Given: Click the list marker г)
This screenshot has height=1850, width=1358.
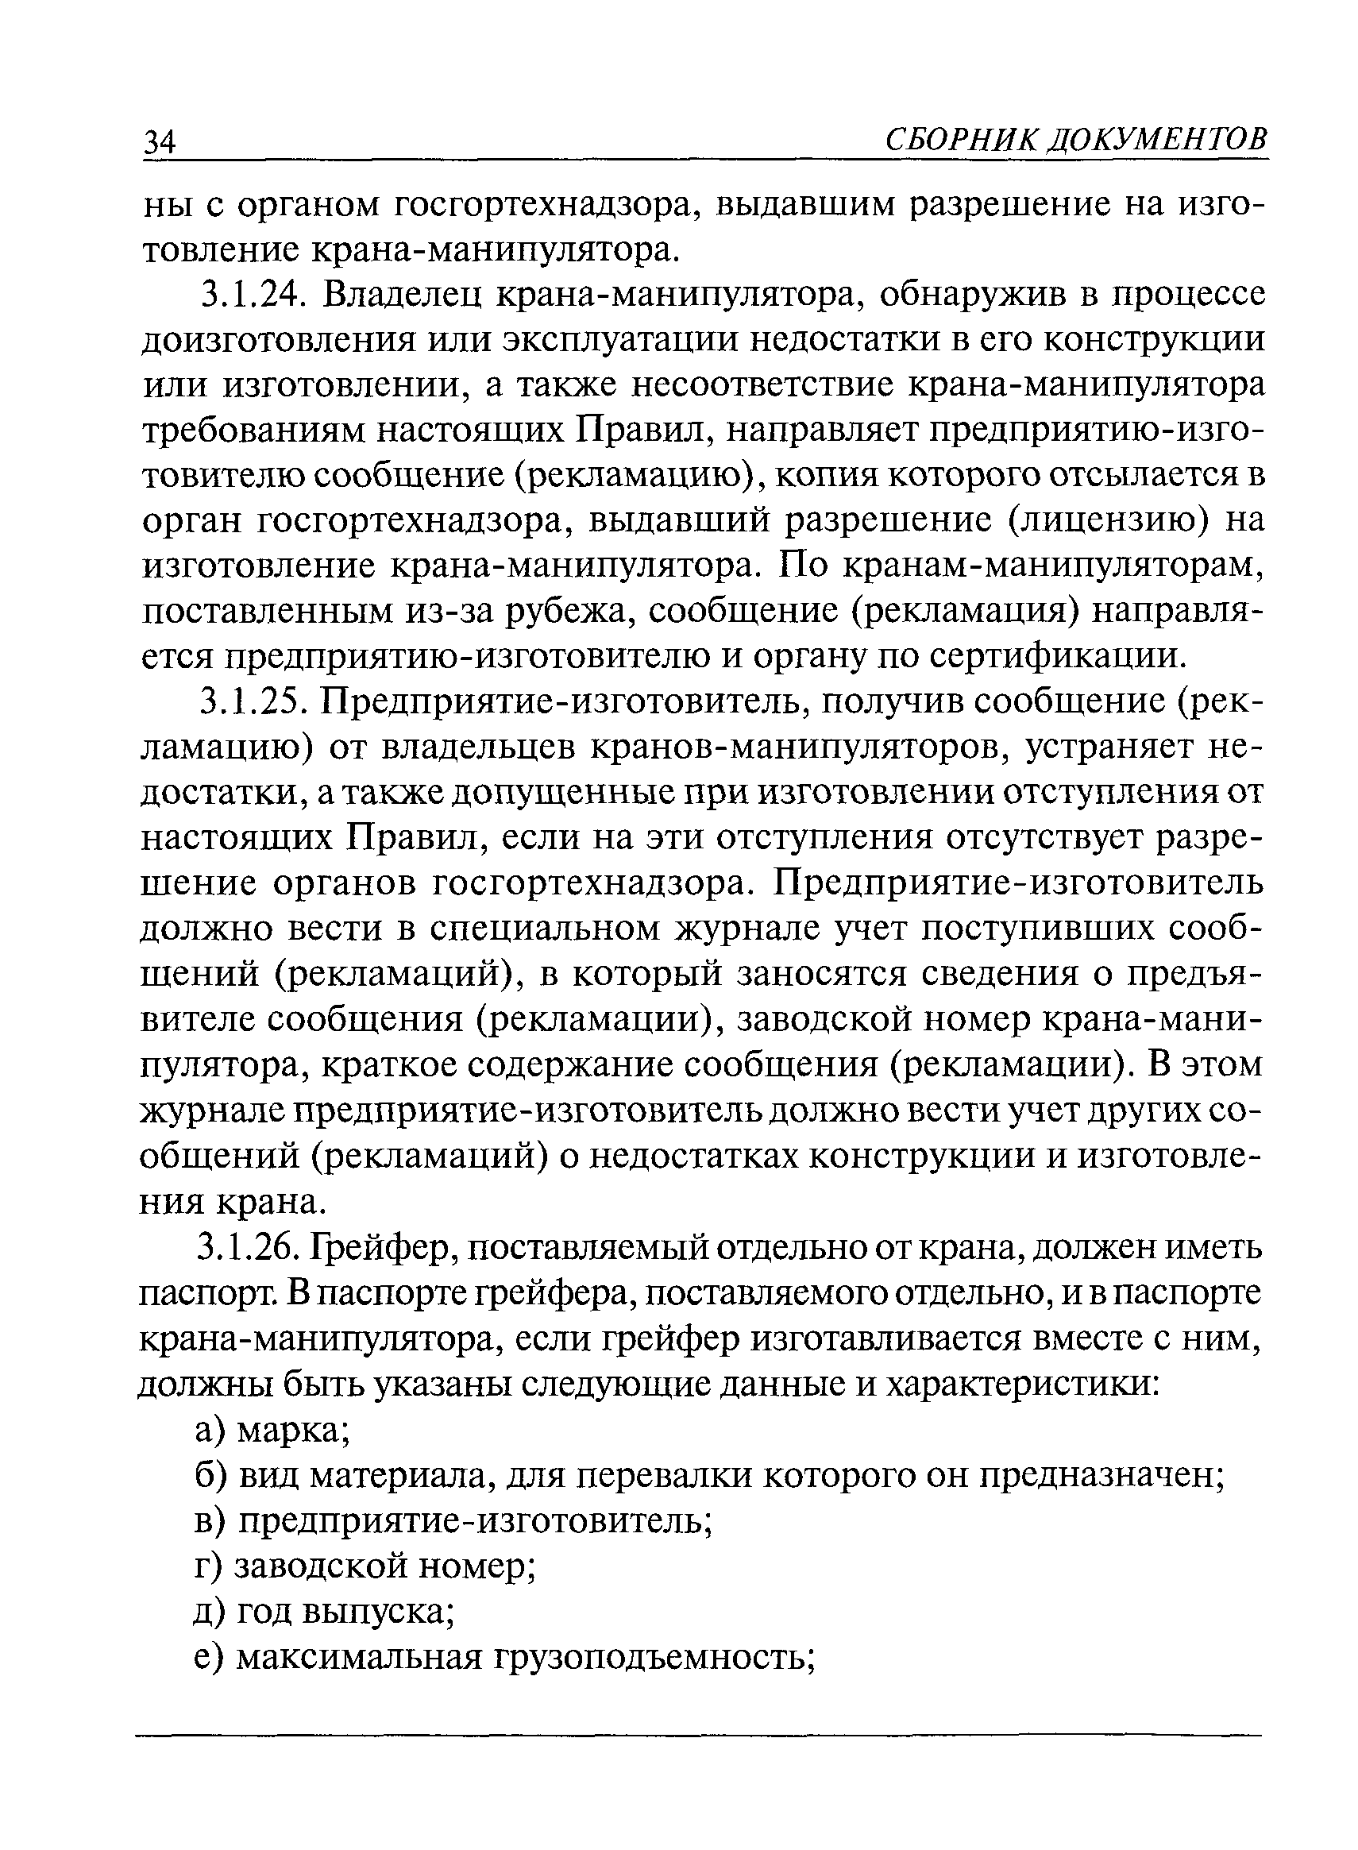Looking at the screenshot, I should coord(207,1567).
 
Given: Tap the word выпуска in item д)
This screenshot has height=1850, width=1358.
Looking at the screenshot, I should coord(374,1613).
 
